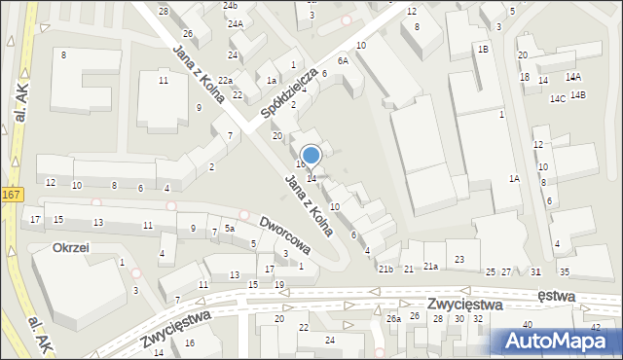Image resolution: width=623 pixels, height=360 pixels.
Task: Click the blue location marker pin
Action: click(311, 156)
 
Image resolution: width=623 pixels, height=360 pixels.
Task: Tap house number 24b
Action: click(230, 6)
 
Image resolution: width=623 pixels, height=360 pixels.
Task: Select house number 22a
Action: click(225, 80)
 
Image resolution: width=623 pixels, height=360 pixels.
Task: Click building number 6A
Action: click(343, 60)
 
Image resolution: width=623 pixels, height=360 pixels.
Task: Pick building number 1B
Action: click(482, 49)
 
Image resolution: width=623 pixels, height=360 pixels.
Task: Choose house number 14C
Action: click(558, 99)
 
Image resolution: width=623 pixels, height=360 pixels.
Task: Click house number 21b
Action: click(385, 269)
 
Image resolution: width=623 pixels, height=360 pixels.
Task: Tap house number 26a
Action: click(393, 318)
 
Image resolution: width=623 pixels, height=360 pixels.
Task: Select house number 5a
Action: click(230, 228)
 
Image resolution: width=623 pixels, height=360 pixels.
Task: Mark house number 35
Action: click(565, 271)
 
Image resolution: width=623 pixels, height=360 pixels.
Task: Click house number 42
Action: click(595, 327)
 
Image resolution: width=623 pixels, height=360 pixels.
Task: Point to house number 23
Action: click(459, 259)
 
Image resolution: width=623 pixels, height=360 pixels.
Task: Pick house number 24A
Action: click(235, 23)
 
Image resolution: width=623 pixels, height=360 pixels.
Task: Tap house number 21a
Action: click(429, 266)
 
